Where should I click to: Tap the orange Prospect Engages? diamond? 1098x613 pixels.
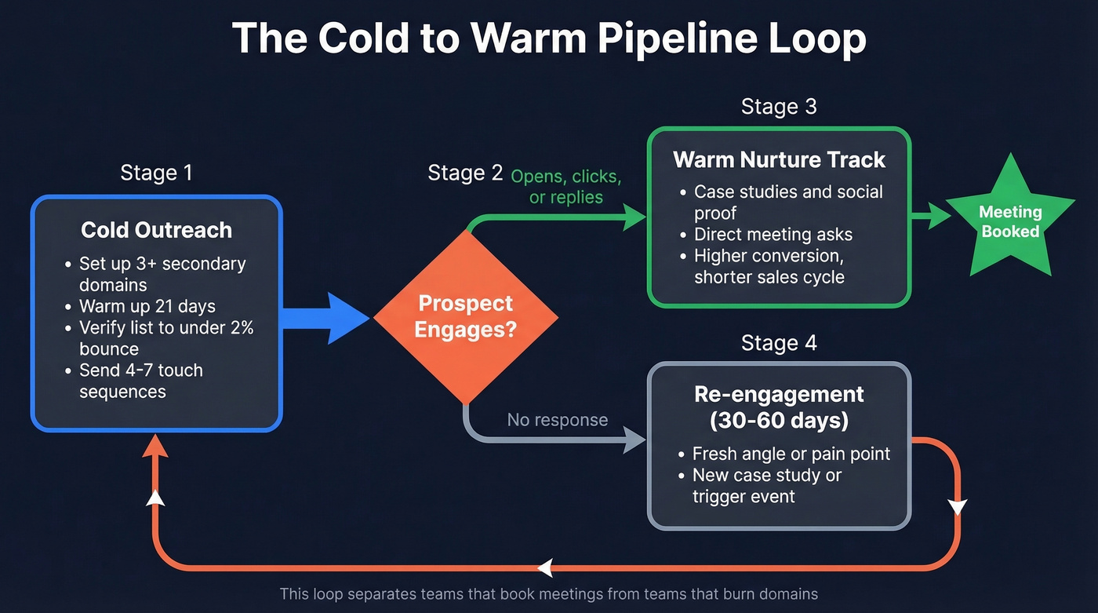(x=465, y=316)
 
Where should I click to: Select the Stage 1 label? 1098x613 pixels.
(x=156, y=173)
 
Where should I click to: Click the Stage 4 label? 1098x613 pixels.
(x=779, y=343)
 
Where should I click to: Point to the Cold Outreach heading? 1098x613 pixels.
(x=156, y=230)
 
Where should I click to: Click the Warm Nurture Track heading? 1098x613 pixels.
(x=779, y=160)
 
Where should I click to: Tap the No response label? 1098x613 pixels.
(x=557, y=420)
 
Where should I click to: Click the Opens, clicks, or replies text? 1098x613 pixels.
(x=565, y=187)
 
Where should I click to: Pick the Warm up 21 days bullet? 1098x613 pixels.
(x=147, y=306)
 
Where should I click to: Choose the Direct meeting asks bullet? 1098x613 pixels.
(x=773, y=235)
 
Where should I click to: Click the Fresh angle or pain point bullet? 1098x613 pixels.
(x=791, y=454)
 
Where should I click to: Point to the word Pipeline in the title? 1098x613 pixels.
(x=657, y=38)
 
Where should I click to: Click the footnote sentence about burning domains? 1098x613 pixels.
(x=548, y=594)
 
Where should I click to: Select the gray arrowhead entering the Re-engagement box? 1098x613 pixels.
(x=634, y=440)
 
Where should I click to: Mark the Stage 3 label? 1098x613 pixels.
(x=779, y=107)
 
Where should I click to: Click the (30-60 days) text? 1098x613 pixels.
(x=779, y=421)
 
